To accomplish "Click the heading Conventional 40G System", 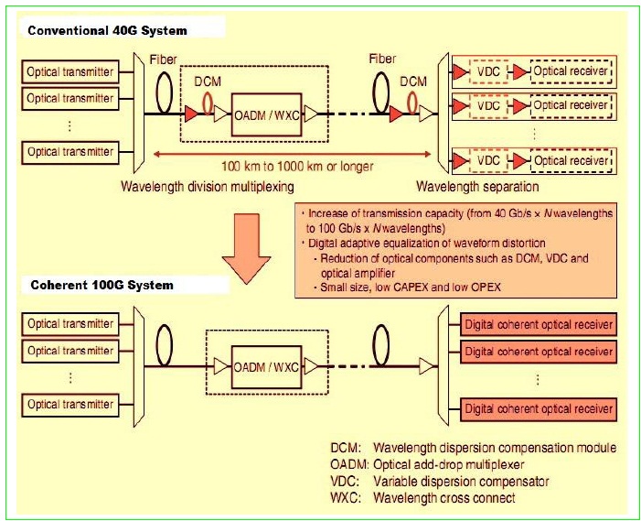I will [107, 31].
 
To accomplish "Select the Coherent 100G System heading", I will [100, 285].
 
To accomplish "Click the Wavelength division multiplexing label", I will [208, 187].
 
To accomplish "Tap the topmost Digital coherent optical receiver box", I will [539, 325].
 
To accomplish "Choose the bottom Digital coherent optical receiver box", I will [539, 407].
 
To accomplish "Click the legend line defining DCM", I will [472, 449].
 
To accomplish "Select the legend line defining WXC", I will [422, 498].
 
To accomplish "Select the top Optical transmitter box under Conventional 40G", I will [70, 71].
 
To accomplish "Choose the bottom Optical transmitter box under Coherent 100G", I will [70, 405].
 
